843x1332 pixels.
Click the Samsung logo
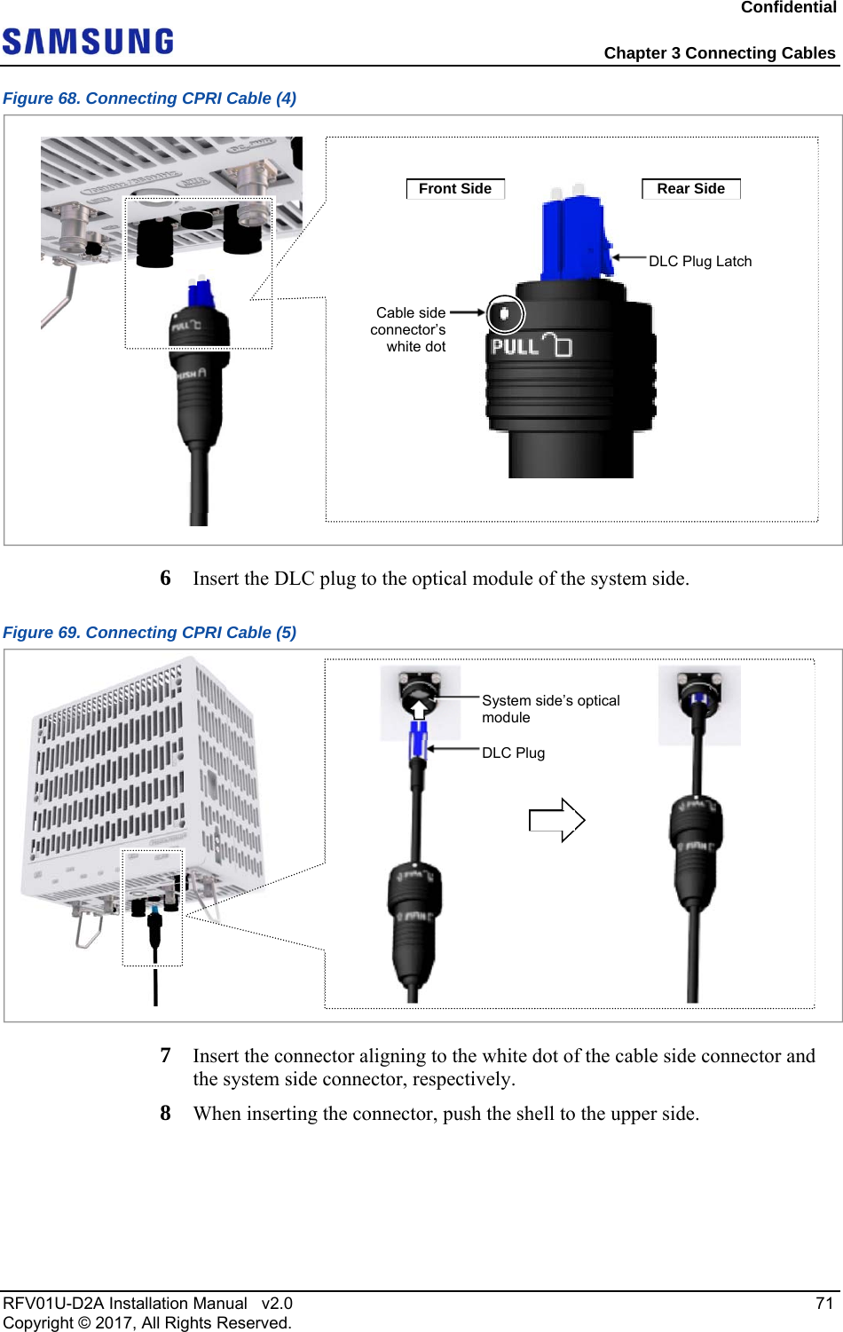coord(88,42)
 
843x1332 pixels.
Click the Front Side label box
coord(455,189)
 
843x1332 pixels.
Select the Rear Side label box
coord(690,189)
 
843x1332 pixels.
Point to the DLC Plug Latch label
coord(700,261)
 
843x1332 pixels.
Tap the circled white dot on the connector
coord(505,313)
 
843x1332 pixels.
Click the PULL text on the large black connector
coord(515,346)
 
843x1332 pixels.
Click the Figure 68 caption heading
coord(150,99)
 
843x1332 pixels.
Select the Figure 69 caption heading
coord(150,633)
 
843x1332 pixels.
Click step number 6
coord(165,579)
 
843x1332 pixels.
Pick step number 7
coord(165,1056)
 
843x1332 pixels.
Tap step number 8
coord(165,1114)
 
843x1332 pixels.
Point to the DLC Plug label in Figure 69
coord(513,753)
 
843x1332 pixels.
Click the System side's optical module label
coord(550,709)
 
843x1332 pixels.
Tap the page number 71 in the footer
coord(824,1303)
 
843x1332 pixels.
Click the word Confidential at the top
coord(788,8)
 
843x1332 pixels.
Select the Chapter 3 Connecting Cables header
coord(719,53)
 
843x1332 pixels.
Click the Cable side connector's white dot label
coord(409,329)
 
